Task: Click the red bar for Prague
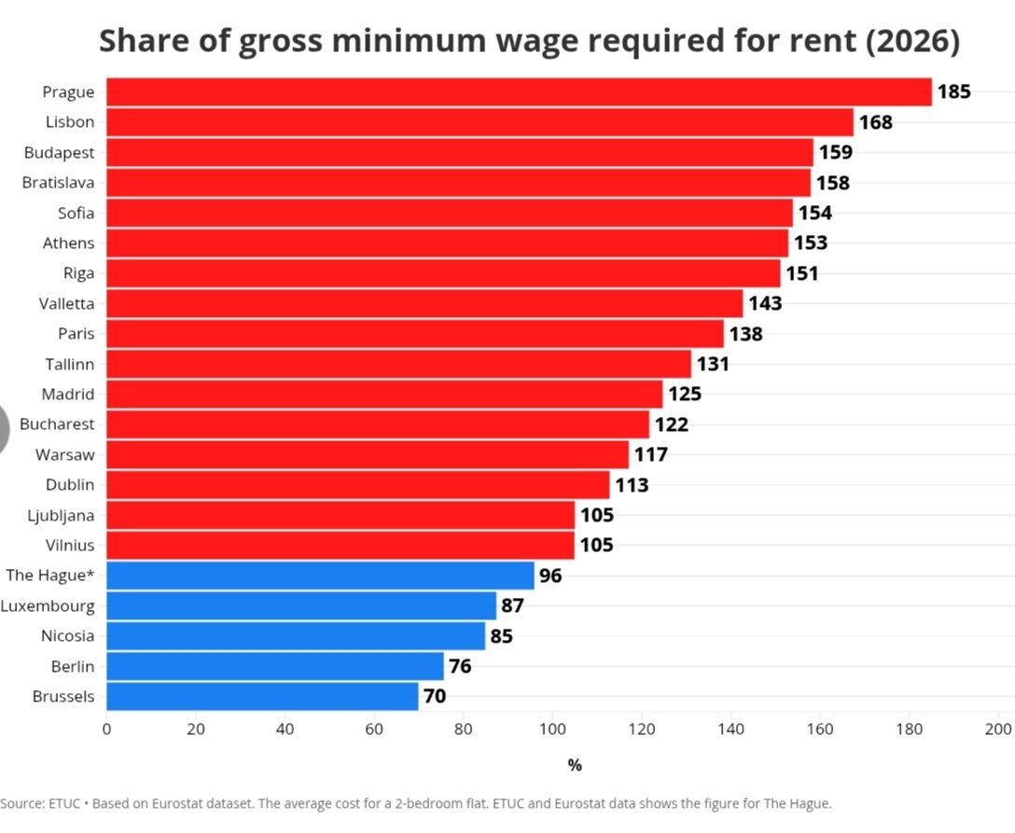(519, 92)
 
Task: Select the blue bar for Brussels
(262, 697)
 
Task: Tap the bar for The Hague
(320, 576)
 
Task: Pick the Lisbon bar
(480, 122)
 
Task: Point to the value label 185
(954, 92)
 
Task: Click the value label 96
(550, 576)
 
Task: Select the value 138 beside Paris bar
(745, 334)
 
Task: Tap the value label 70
(435, 697)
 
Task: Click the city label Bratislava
(58, 183)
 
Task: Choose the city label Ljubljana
(61, 516)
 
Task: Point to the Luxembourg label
(48, 606)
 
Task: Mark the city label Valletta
(66, 303)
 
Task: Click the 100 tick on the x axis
(552, 729)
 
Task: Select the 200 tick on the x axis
(998, 729)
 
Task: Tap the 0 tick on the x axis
(106, 729)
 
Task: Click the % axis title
(575, 766)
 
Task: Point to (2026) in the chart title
(912, 41)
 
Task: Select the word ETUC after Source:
(64, 804)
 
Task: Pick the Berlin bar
(275, 667)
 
